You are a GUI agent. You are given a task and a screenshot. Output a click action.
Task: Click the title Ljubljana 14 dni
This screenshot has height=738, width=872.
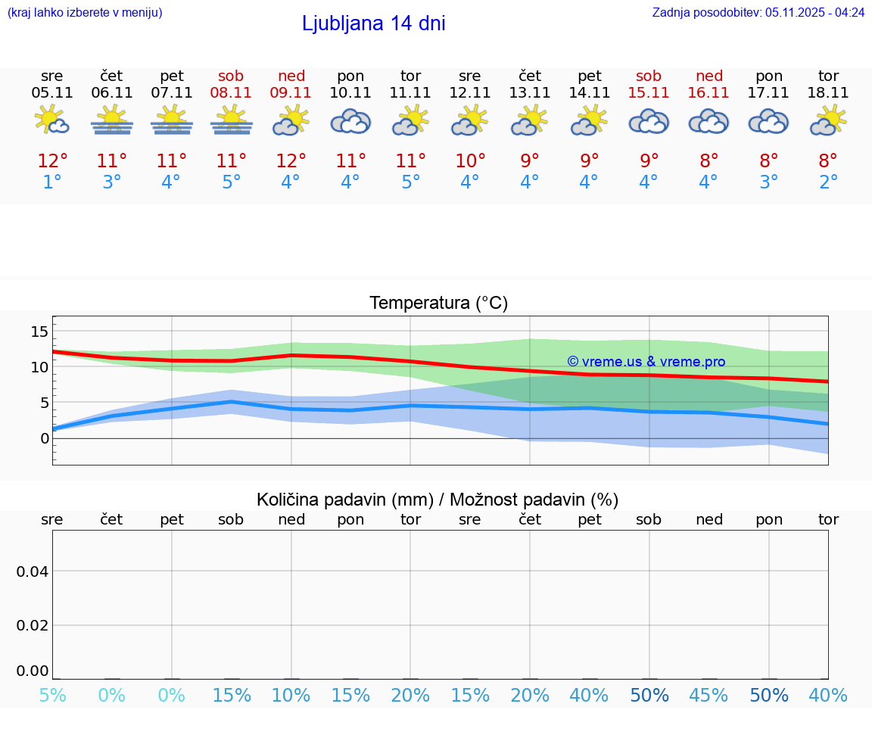coord(373,23)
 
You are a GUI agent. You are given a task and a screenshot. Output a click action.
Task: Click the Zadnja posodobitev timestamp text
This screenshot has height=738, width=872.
coord(758,13)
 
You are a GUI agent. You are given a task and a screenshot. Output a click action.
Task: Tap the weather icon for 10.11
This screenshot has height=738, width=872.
coord(350,122)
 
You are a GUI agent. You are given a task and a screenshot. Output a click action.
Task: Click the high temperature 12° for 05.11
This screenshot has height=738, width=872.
coord(52,161)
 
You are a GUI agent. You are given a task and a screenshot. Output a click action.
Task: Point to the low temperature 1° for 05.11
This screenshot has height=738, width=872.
coord(52,182)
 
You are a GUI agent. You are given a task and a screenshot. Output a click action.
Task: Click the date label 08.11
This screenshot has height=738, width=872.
coord(232,93)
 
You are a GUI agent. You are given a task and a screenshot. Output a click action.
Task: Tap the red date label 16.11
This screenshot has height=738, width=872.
coord(708,93)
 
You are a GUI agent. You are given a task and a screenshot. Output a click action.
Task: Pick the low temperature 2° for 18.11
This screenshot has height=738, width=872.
coord(828,182)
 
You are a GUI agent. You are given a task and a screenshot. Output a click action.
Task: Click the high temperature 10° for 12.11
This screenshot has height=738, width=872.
coord(470,161)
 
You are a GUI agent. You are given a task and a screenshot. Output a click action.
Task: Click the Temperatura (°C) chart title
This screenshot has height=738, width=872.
coord(438,304)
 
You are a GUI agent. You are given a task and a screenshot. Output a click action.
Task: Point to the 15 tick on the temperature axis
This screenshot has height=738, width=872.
coord(39,331)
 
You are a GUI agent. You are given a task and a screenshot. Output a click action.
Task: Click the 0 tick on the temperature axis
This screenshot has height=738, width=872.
coord(45,438)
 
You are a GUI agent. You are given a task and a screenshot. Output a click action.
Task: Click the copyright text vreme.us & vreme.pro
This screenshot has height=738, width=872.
coord(646,362)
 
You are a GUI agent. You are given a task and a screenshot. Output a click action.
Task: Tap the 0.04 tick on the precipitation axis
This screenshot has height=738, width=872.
coord(33,571)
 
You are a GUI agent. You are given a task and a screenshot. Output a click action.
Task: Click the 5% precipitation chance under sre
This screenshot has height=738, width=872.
coord(52,695)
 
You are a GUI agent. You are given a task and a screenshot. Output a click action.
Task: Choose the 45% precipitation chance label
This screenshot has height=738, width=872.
coord(708,695)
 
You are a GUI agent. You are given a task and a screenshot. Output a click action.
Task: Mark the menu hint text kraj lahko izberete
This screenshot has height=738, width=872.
coord(85,13)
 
